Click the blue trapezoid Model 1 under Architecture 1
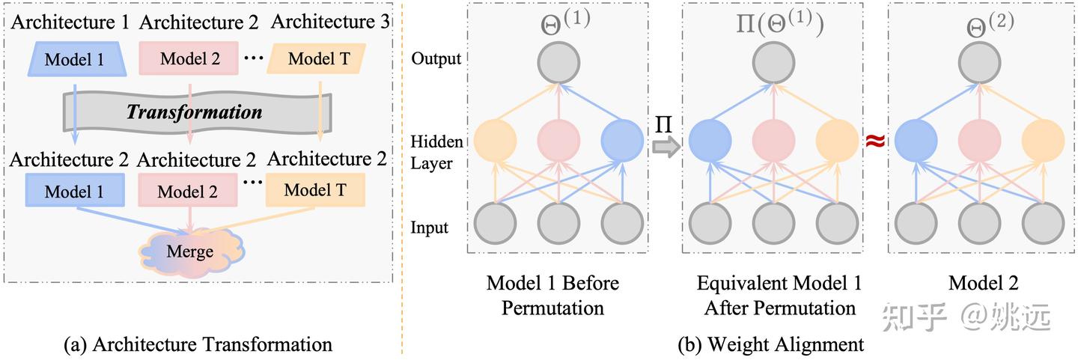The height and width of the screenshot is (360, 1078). pos(77,59)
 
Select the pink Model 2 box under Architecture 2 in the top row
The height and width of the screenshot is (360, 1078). pos(189,58)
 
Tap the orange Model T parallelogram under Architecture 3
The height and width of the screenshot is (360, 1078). pos(317,58)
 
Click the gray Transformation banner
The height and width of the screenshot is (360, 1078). pos(198,112)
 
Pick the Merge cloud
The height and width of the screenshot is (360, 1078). pos(191,251)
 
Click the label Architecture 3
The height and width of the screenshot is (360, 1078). pos(330,22)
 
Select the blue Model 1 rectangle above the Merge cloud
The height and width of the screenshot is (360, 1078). pos(75,191)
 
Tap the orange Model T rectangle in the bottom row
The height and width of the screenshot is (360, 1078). pos(315,190)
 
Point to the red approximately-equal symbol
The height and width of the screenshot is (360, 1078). pos(875,141)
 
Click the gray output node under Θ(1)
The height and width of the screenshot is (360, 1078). pos(558,63)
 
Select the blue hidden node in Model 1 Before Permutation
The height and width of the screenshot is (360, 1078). pos(622,141)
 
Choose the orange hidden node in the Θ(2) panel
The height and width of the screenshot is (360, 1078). pos(1043,141)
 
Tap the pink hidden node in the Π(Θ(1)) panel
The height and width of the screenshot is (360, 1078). pos(774,141)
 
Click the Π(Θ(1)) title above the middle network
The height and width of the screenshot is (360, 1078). pos(779,22)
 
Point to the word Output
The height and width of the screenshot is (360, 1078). pos(436,58)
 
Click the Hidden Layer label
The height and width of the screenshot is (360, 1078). pos(436,152)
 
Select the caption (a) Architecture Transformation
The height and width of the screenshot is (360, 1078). pos(198,344)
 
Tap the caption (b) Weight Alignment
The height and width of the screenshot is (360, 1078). pos(771,344)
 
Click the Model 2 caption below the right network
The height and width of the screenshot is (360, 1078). pos(984,283)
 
